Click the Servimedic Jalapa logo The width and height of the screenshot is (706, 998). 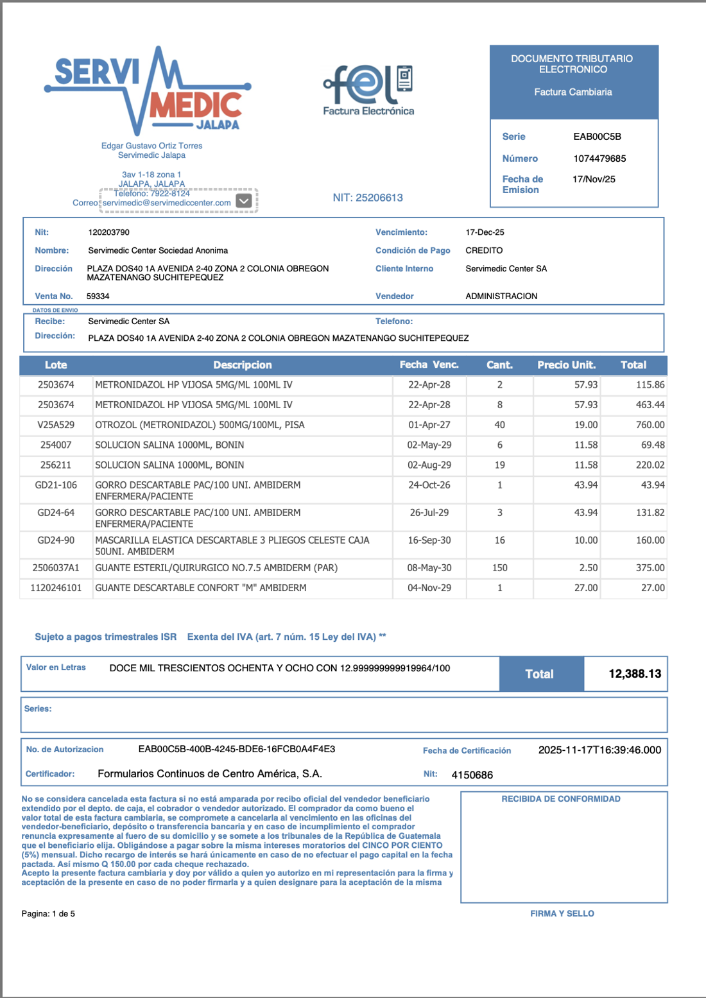(x=148, y=90)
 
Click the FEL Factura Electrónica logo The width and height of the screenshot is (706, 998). (x=368, y=90)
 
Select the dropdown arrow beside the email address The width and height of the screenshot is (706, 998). (x=244, y=201)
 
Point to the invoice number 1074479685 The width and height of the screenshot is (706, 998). (x=599, y=159)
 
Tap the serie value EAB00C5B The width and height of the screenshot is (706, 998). (x=597, y=137)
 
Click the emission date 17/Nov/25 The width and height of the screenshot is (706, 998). (x=594, y=180)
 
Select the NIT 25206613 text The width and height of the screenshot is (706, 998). (x=368, y=198)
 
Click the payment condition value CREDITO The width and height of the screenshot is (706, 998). (x=484, y=250)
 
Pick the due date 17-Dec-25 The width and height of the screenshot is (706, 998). (x=485, y=232)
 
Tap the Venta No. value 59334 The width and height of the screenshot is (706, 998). (x=98, y=297)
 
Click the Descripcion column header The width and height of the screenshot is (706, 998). (x=243, y=365)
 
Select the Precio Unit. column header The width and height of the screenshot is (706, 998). (x=566, y=365)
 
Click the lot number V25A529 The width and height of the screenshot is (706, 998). (x=56, y=425)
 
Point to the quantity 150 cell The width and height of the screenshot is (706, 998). (x=499, y=568)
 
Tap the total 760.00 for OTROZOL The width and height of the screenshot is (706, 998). (x=650, y=425)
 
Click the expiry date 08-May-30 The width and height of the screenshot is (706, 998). (x=429, y=568)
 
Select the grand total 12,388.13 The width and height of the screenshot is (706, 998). (x=634, y=674)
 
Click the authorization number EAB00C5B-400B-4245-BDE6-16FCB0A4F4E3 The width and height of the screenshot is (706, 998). (x=237, y=749)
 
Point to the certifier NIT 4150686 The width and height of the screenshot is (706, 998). (x=472, y=775)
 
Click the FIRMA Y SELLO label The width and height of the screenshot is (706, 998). (x=562, y=913)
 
